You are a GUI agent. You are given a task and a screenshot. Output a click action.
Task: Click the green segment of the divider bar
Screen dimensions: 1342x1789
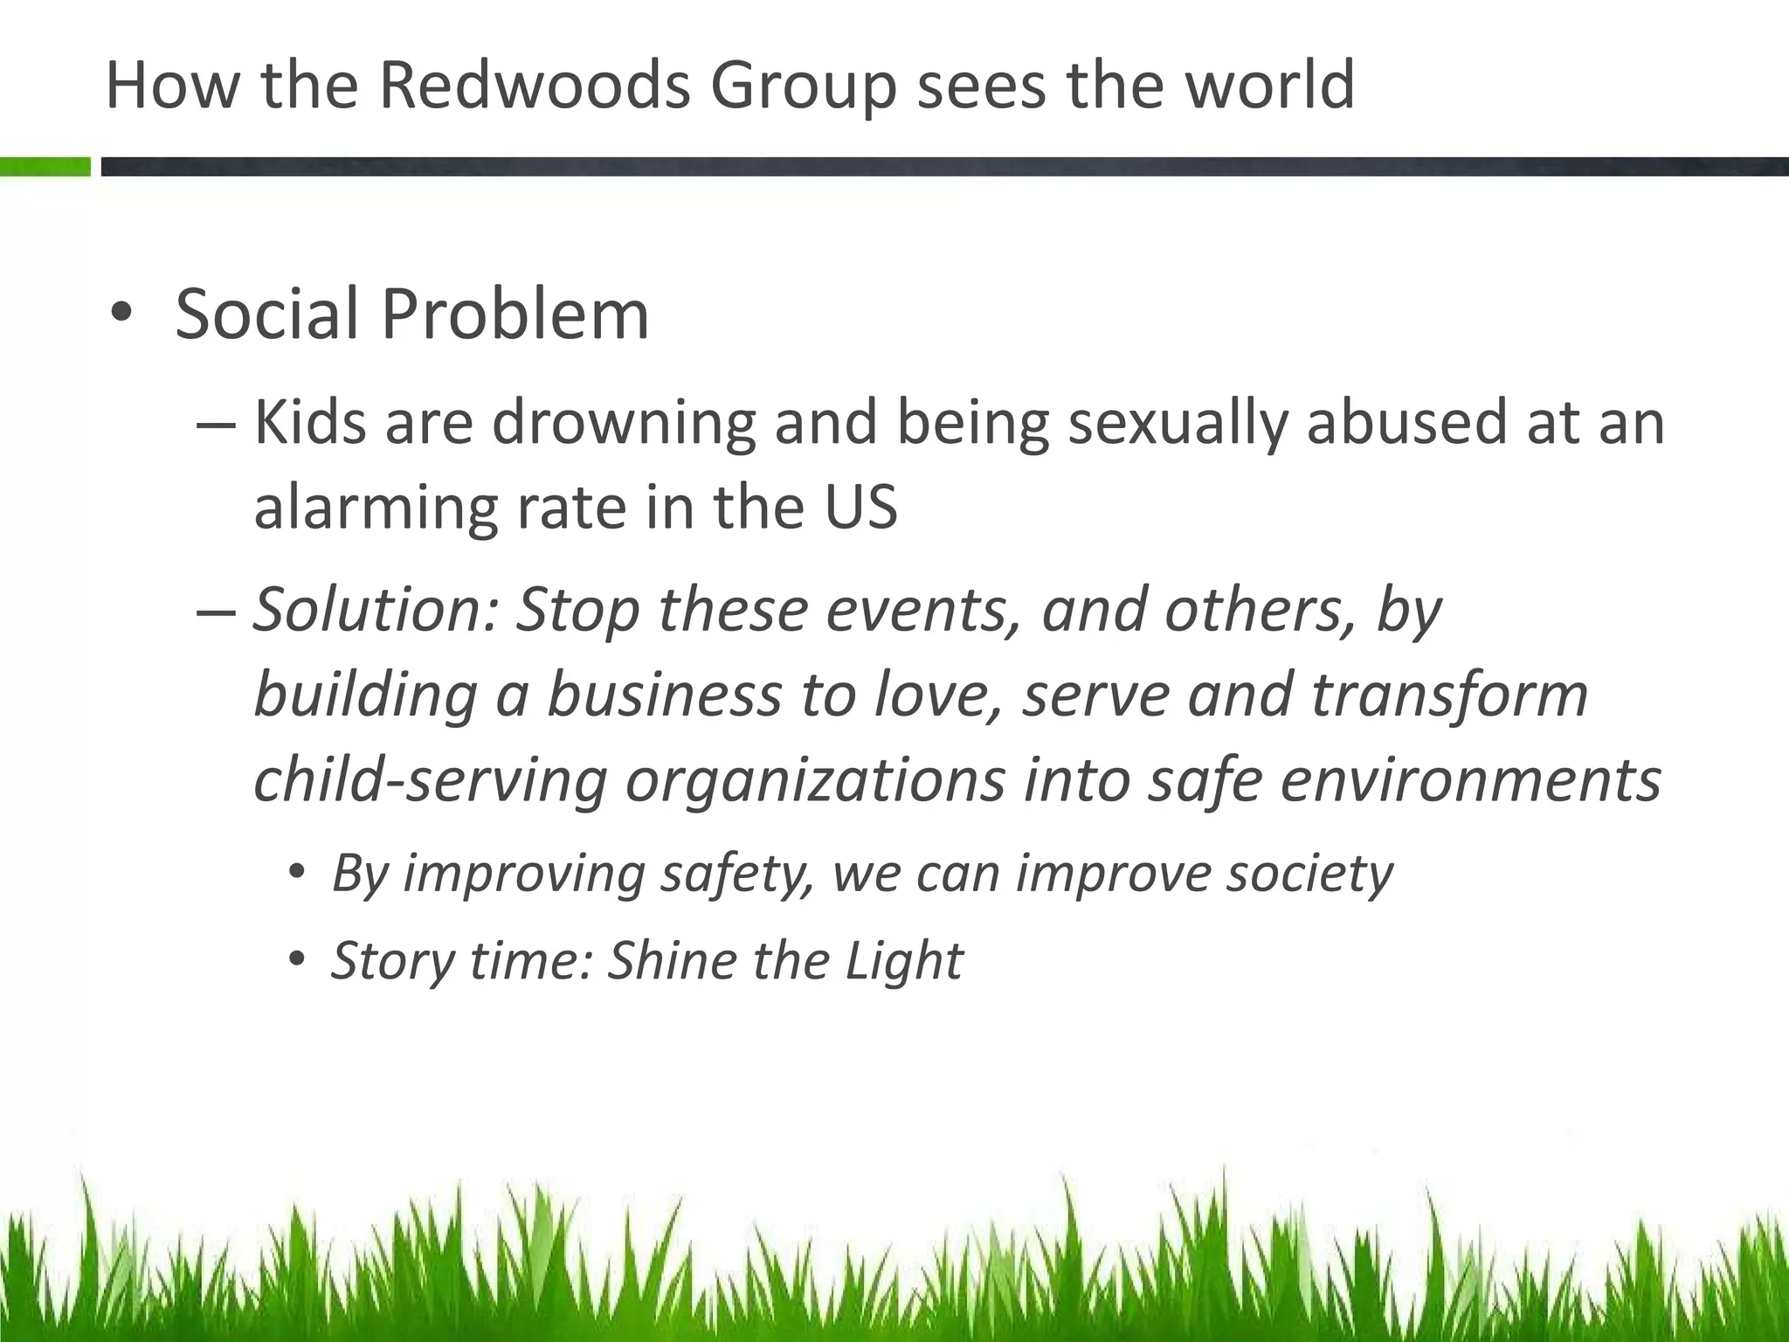coord(45,166)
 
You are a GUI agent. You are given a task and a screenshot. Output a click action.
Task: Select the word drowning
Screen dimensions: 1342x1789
coord(624,423)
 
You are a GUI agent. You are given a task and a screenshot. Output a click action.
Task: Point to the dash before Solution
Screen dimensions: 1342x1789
coord(216,612)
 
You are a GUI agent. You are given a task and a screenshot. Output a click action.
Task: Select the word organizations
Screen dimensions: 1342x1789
coord(815,780)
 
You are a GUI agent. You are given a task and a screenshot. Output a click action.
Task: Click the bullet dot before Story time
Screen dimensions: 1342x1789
coord(298,959)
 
